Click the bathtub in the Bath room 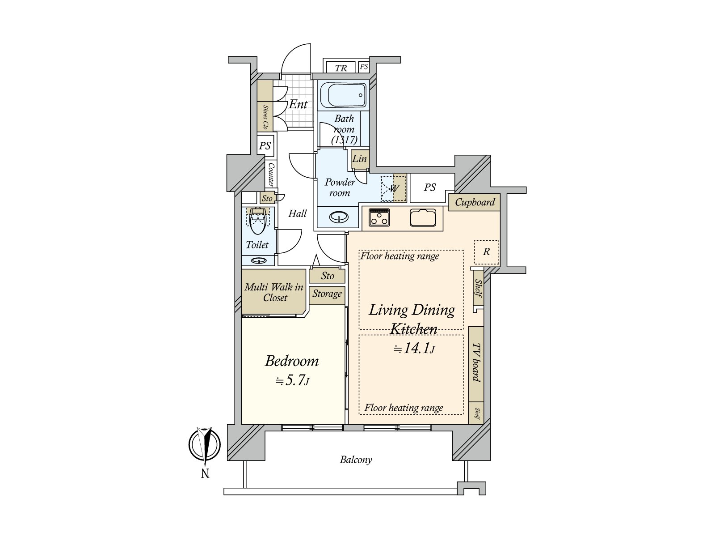(343, 95)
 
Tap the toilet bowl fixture (257, 221)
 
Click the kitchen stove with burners (379, 218)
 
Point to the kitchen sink (423, 218)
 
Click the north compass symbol (205, 446)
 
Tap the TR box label (341, 68)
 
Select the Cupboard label (475, 202)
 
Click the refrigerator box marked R (486, 252)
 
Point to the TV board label (476, 363)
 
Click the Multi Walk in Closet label (273, 292)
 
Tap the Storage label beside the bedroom (327, 294)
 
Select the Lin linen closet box (359, 159)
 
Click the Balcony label (356, 460)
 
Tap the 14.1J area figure (414, 349)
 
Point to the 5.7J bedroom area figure (292, 381)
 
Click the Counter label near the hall (271, 175)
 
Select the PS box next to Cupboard (429, 188)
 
